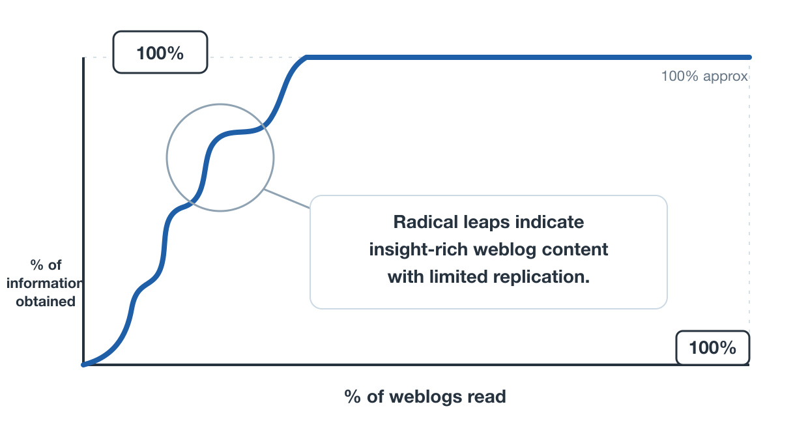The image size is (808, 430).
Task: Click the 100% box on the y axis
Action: click(x=160, y=52)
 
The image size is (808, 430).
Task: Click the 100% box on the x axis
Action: click(x=712, y=347)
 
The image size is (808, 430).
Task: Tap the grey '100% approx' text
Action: click(x=704, y=76)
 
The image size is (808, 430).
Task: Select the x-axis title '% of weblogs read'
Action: click(x=426, y=397)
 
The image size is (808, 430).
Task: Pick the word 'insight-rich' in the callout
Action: click(x=418, y=250)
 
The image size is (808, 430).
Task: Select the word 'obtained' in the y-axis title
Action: click(x=46, y=301)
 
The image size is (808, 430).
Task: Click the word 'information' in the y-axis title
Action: click(x=45, y=283)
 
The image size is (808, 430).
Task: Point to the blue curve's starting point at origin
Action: click(x=83, y=365)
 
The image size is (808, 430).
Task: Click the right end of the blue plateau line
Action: click(x=749, y=57)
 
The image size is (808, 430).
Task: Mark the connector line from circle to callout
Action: click(x=287, y=199)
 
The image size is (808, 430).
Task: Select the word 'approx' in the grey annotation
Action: click(x=725, y=77)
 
